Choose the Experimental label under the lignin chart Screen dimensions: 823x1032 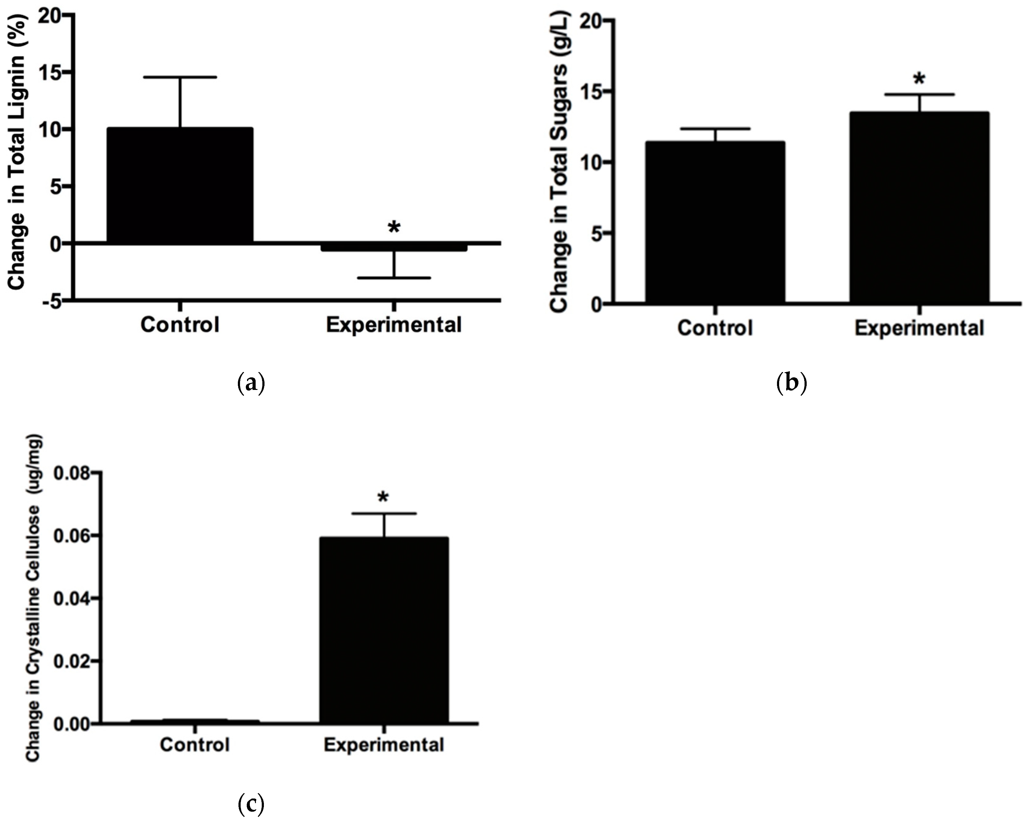pyautogui.click(x=393, y=325)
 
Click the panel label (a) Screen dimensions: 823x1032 pyautogui.click(x=251, y=384)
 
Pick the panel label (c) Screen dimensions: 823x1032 pyautogui.click(x=250, y=805)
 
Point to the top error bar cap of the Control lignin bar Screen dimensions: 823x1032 pyautogui.click(x=180, y=77)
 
